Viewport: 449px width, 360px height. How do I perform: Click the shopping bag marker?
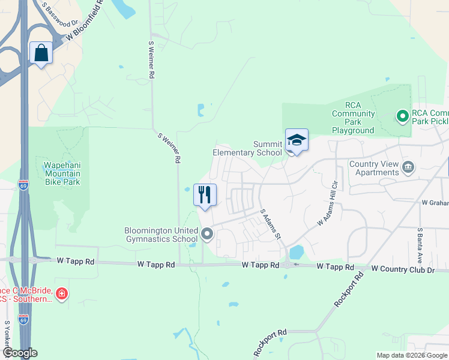[41, 53]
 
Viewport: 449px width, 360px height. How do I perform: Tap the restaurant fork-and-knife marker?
[205, 195]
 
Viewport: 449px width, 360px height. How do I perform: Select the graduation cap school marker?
[297, 140]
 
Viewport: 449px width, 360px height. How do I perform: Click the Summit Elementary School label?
[247, 148]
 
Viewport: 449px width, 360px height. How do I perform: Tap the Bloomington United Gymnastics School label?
[161, 235]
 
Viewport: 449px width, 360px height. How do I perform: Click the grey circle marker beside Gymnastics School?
[207, 234]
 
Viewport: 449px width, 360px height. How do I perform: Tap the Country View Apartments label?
[374, 168]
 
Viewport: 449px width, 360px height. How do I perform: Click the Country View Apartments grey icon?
[408, 167]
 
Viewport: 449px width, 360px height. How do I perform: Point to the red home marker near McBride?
[61, 294]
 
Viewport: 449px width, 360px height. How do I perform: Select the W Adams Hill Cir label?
[329, 203]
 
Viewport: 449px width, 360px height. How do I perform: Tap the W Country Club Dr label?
[403, 270]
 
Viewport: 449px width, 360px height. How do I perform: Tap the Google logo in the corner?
[19, 353]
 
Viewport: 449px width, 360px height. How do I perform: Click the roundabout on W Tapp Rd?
[289, 265]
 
